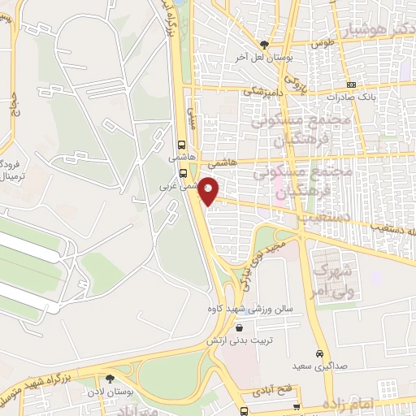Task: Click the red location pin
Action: point(209,190)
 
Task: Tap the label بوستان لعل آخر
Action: point(263,58)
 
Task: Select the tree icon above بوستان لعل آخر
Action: point(263,45)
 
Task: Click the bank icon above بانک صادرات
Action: point(351,84)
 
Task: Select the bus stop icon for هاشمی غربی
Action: point(184,172)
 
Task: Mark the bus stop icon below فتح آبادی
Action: point(297,406)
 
